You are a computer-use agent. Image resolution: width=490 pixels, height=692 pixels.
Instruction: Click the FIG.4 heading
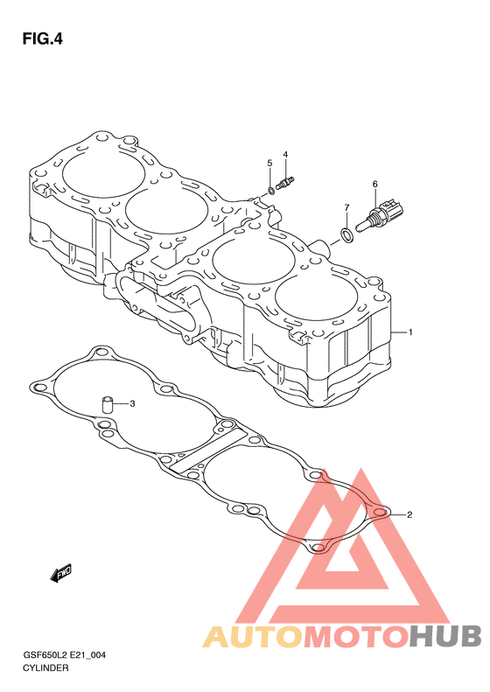42,39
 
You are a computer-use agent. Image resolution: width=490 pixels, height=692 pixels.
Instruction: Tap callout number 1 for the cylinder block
410,332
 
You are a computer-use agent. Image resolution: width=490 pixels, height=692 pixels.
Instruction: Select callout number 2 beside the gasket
409,514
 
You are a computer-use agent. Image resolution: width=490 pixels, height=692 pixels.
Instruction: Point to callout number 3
132,403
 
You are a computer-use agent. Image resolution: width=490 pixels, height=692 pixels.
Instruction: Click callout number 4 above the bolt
285,155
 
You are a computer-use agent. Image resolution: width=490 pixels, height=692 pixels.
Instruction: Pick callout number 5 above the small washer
269,164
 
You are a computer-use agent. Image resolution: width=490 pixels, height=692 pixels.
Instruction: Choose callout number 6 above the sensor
374,184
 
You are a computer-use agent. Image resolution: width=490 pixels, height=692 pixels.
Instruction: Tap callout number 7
346,207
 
